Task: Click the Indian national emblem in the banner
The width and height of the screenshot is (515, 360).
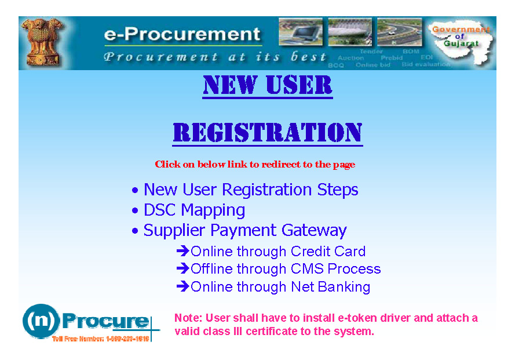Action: point(42,42)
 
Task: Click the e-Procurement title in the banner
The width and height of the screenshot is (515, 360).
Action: point(182,34)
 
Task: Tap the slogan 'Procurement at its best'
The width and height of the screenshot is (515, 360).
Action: point(214,57)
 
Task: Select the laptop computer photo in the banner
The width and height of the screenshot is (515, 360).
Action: point(301,32)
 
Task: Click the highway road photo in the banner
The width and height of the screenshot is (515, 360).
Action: point(400,32)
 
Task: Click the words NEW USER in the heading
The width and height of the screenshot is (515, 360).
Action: point(267,86)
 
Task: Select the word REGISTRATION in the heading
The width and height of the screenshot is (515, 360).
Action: point(267,133)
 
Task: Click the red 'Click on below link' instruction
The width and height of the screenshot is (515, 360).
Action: point(255,165)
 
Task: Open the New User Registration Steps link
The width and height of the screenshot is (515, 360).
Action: point(251,190)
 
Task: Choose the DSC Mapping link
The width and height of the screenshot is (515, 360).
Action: point(194,210)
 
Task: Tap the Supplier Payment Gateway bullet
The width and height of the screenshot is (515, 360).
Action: point(244,230)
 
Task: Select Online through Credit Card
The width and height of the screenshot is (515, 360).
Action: point(278,252)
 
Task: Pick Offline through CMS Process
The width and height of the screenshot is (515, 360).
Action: point(286,269)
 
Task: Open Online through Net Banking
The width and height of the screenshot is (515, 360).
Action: point(280,287)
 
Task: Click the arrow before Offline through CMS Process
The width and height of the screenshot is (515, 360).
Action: point(182,269)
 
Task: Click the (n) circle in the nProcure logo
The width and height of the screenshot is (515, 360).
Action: point(41,321)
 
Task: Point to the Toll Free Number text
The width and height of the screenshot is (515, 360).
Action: point(101,338)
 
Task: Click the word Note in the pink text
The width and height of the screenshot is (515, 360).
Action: point(186,318)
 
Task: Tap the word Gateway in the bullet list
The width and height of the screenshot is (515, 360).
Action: point(314,230)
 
